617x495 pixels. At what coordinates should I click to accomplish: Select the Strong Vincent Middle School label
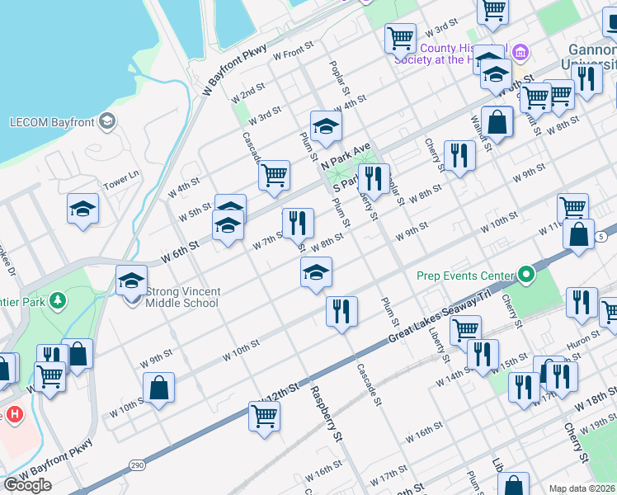click(181, 297)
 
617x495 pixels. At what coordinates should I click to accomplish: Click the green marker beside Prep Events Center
click(524, 275)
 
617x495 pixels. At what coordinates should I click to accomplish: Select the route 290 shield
click(137, 467)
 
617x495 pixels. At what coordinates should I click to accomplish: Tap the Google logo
click(27, 485)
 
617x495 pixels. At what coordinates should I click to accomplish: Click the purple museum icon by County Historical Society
click(520, 55)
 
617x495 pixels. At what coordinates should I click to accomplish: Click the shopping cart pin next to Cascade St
click(274, 175)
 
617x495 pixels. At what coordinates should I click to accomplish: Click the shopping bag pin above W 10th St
click(158, 388)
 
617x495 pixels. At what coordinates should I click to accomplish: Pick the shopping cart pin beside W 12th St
click(264, 416)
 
